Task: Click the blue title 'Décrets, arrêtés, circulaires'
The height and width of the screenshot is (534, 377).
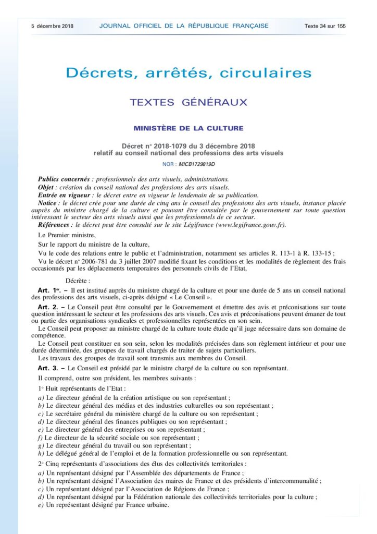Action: (x=188, y=72)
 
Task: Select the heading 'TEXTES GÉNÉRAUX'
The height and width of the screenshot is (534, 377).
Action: (x=188, y=102)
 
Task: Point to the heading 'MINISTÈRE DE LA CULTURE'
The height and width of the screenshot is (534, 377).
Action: (x=188, y=128)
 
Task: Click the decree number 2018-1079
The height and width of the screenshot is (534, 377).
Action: (x=182, y=146)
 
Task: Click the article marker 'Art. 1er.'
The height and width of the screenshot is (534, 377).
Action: (x=50, y=289)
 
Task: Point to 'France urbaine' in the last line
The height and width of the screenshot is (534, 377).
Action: (x=146, y=504)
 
